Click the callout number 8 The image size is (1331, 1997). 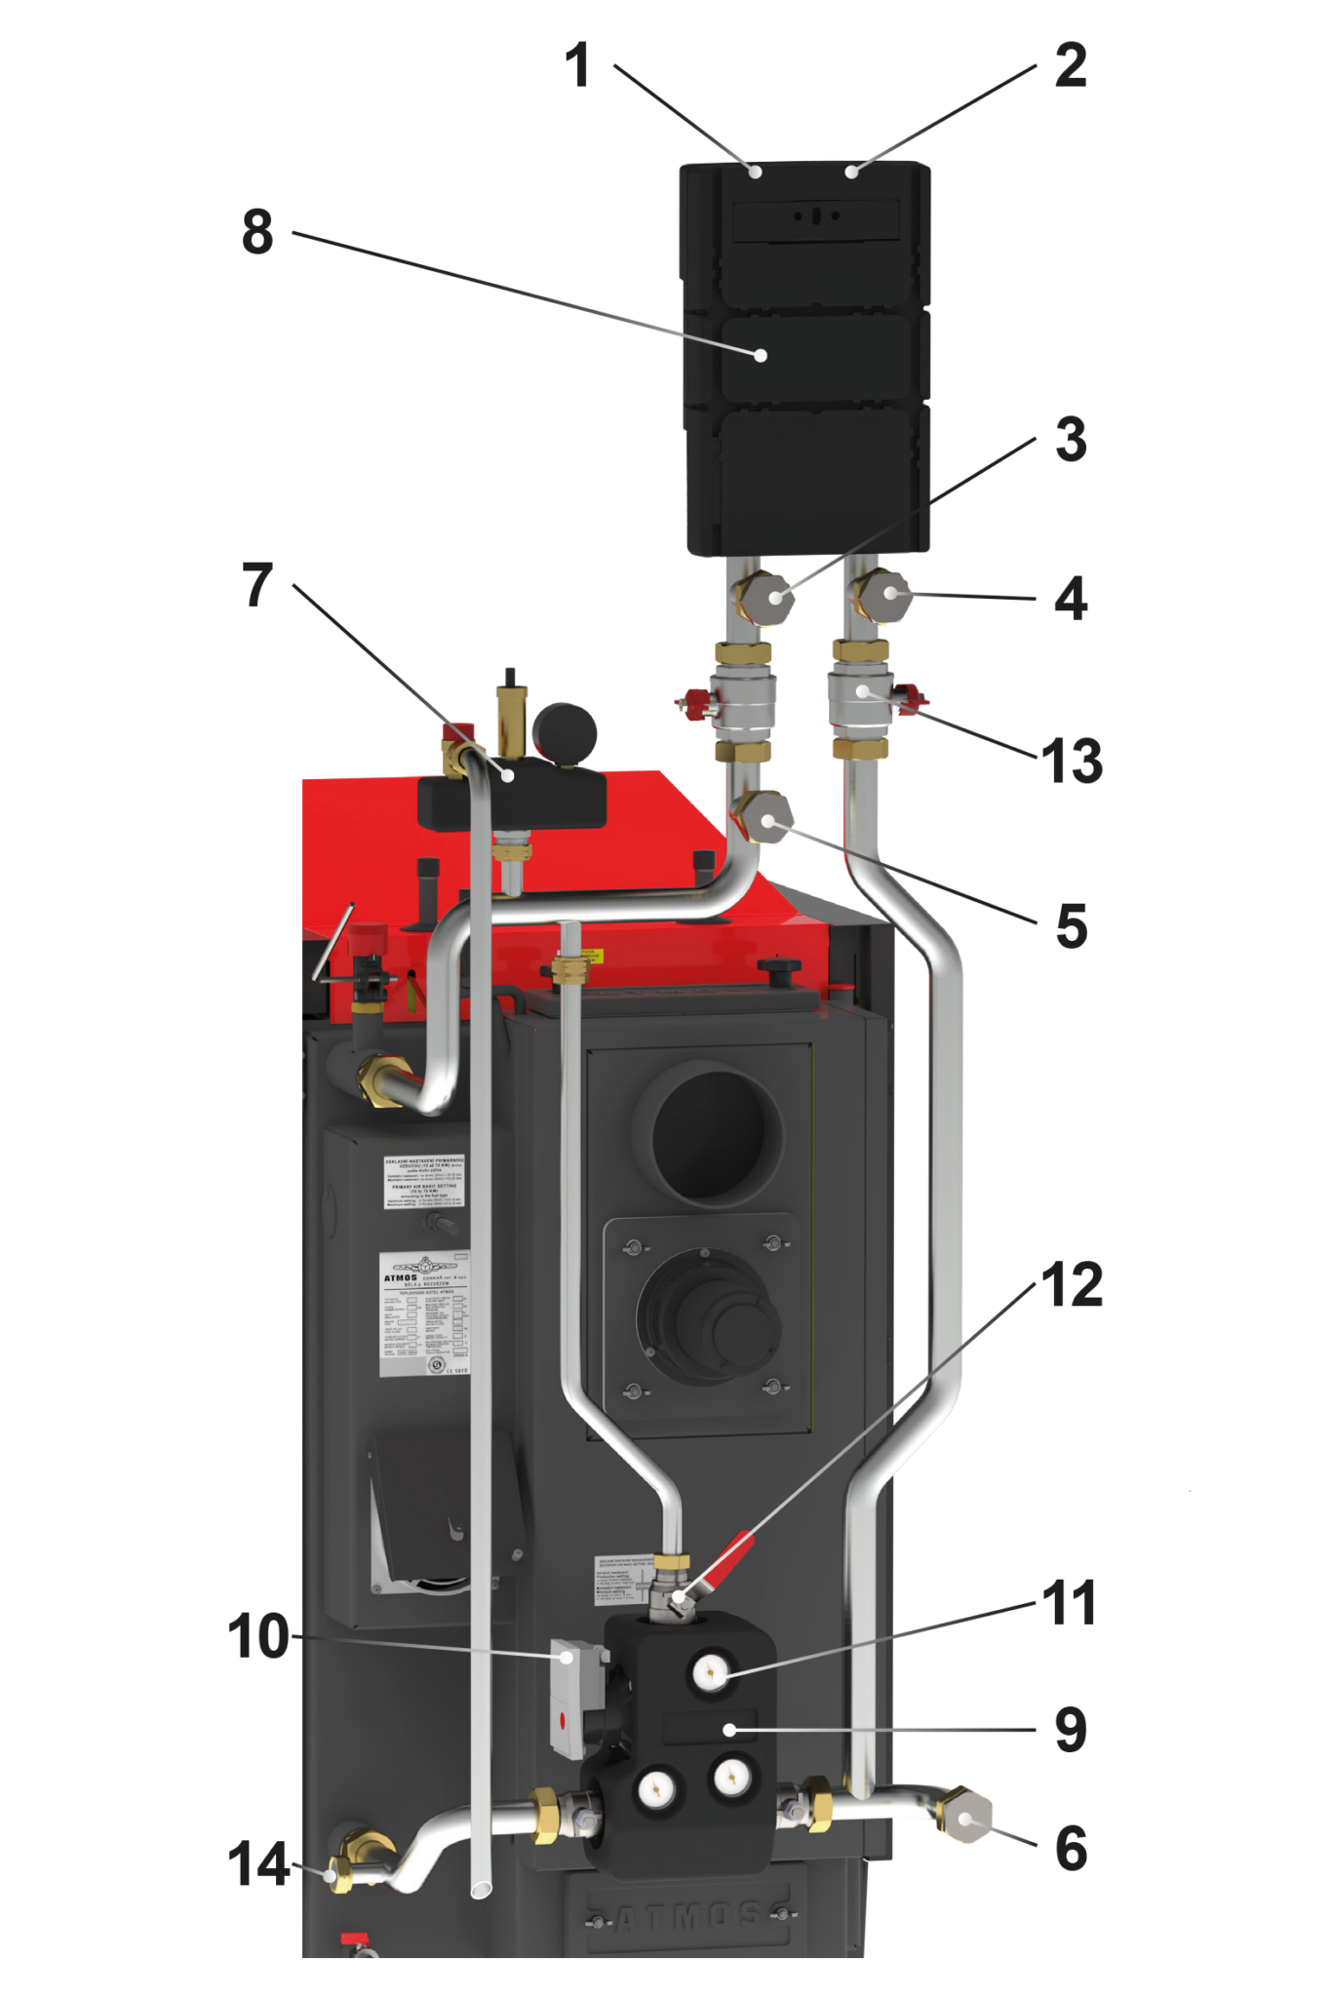(257, 233)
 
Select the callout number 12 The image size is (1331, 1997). (1072, 1284)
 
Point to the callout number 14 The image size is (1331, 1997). (259, 1864)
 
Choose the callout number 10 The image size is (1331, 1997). (259, 1636)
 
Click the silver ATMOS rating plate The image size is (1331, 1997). (424, 1312)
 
